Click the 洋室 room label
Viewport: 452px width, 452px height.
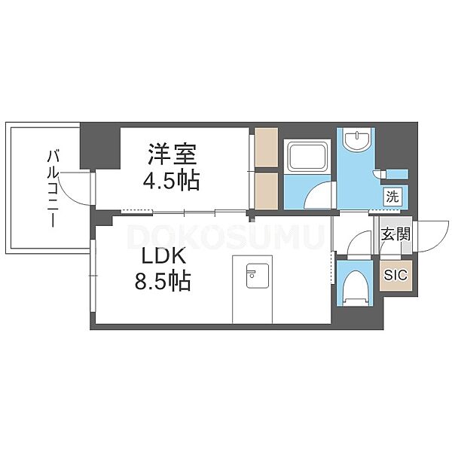coord(173,154)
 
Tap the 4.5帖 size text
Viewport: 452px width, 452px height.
coord(172,180)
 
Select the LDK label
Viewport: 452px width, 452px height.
coord(163,256)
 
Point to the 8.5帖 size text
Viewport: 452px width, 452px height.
coord(163,280)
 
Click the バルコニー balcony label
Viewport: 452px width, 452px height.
coord(53,188)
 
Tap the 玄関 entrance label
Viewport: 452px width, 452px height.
coord(395,234)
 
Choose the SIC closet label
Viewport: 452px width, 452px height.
coord(395,275)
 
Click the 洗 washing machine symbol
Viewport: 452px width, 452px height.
coord(392,197)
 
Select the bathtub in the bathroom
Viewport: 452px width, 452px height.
coord(307,157)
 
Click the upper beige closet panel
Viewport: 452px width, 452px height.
coord(267,148)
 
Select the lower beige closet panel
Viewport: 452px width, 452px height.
coord(267,191)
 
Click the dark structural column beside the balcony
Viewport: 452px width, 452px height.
coord(99,145)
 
